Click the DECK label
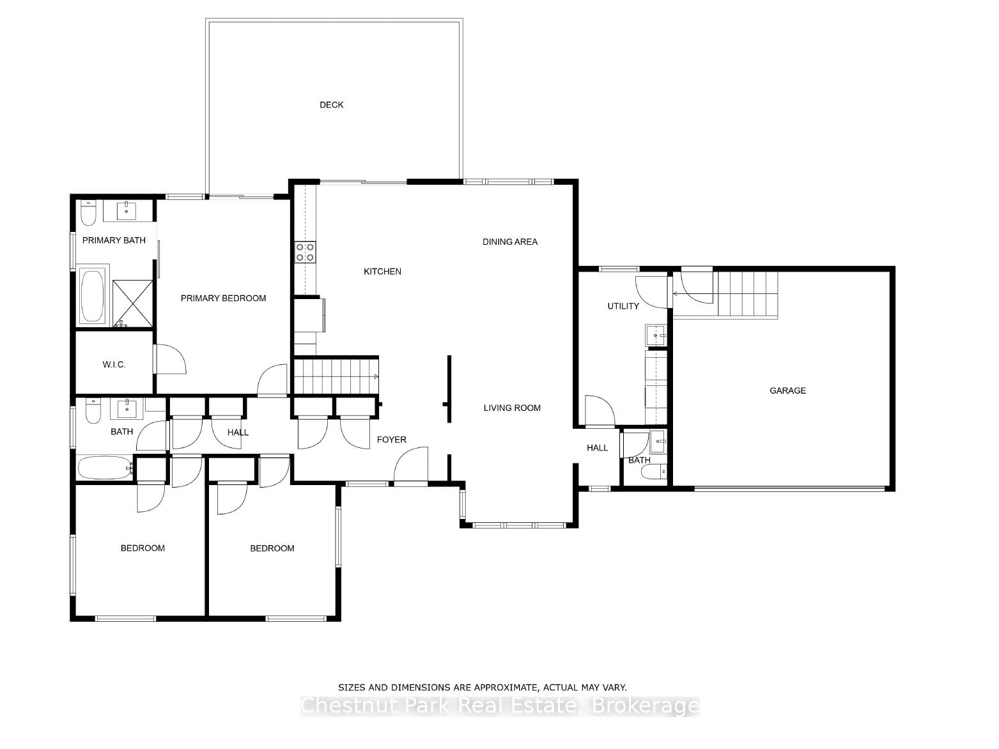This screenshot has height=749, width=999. pyautogui.click(x=331, y=105)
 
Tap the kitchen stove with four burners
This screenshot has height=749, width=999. pyautogui.click(x=305, y=252)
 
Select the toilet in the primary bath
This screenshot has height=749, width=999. pyautogui.click(x=88, y=213)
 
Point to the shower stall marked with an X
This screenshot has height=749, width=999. pyautogui.click(x=132, y=304)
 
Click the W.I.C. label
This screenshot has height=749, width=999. pyautogui.click(x=114, y=364)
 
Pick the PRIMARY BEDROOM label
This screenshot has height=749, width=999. pyautogui.click(x=223, y=298)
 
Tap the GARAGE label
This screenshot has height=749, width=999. pyautogui.click(x=787, y=391)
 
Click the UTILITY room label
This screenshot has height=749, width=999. pyautogui.click(x=623, y=306)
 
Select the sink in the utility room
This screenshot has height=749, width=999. pyautogui.click(x=655, y=336)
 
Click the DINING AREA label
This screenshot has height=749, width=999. pyautogui.click(x=510, y=242)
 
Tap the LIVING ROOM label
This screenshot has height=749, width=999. pyautogui.click(x=512, y=408)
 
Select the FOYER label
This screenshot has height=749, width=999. pyautogui.click(x=391, y=440)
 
